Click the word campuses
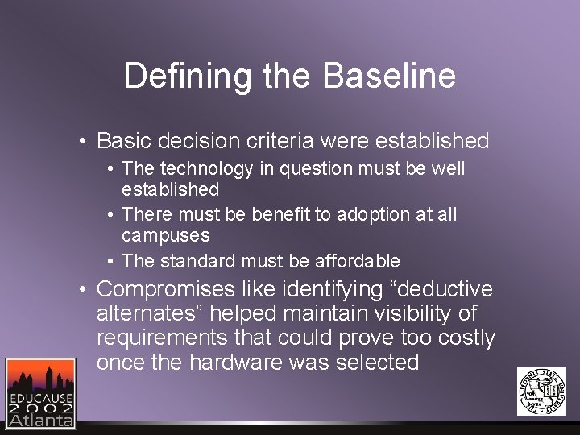165,236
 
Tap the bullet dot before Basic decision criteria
84,142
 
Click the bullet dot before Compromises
84,290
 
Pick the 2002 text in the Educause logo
40,408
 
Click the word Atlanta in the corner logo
40,420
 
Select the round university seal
541,391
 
